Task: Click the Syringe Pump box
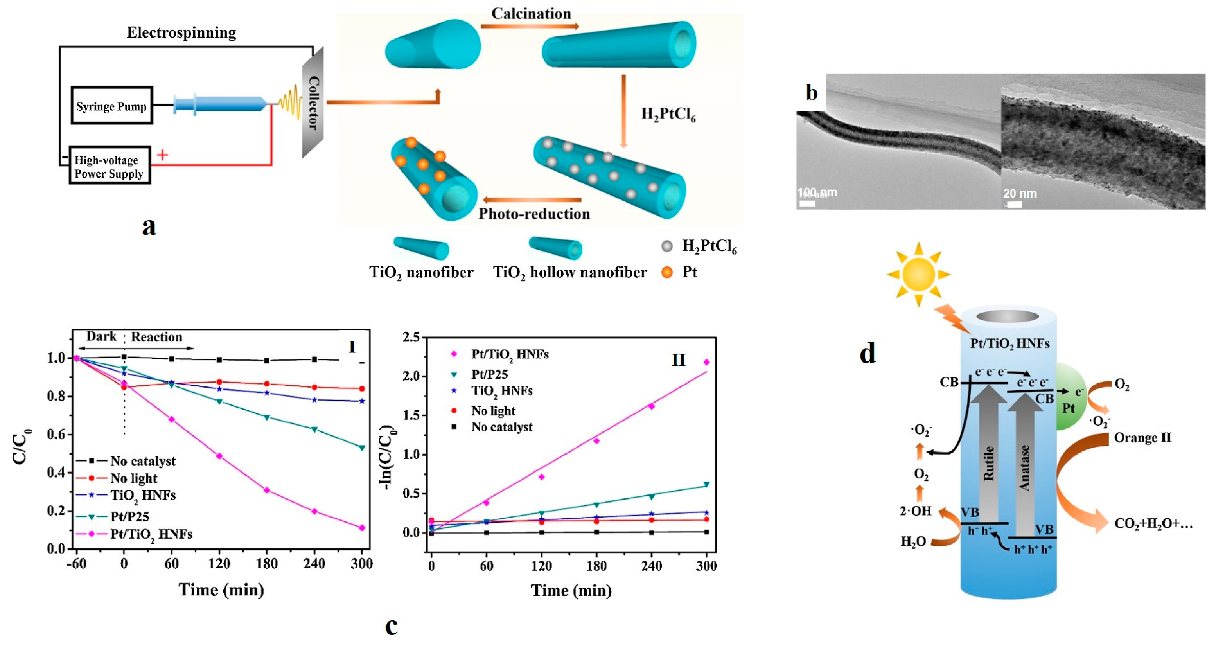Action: [x=111, y=106]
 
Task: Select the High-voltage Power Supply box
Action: [x=109, y=166]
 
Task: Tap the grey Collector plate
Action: [x=313, y=102]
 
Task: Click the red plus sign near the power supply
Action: [x=162, y=155]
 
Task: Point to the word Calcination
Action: [x=531, y=13]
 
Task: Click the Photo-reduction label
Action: [x=534, y=214]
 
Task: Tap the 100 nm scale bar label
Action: [x=817, y=193]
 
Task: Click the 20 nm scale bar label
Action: [x=1020, y=194]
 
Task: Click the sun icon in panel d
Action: [x=918, y=274]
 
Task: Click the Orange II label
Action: [x=1142, y=438]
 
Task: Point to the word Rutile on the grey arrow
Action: [x=988, y=463]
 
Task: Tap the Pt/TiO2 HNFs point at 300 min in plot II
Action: [x=707, y=362]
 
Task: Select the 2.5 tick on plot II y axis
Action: [x=411, y=337]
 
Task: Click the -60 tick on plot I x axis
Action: [x=76, y=563]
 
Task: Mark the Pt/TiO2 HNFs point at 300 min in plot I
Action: [x=362, y=528]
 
